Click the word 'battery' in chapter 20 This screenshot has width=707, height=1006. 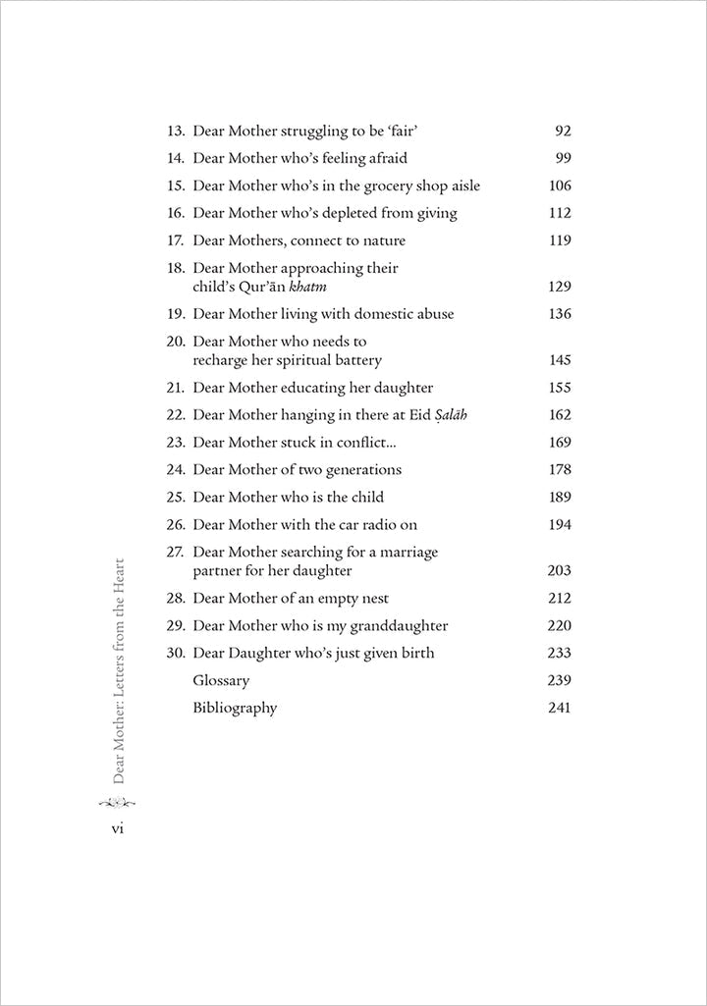(x=354, y=360)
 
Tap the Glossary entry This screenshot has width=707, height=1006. (x=221, y=680)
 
